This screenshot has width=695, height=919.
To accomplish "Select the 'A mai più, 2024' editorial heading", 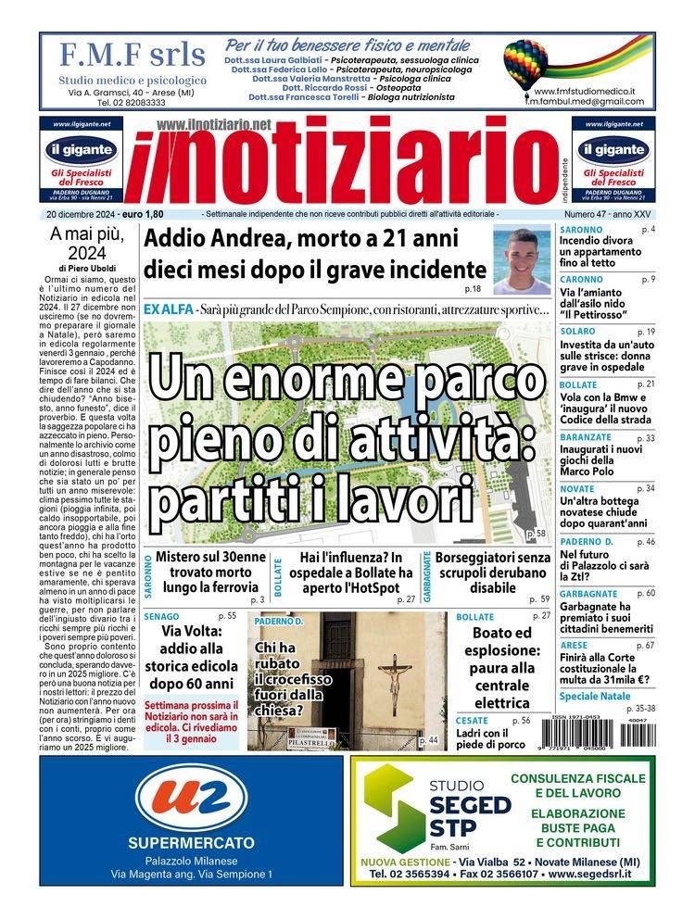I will pos(88,245).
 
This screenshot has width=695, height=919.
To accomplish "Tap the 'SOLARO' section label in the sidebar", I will pos(577,331).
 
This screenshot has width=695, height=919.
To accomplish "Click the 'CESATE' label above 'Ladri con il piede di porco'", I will pos(472,721).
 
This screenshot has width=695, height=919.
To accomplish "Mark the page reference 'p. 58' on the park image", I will pos(536,535).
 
